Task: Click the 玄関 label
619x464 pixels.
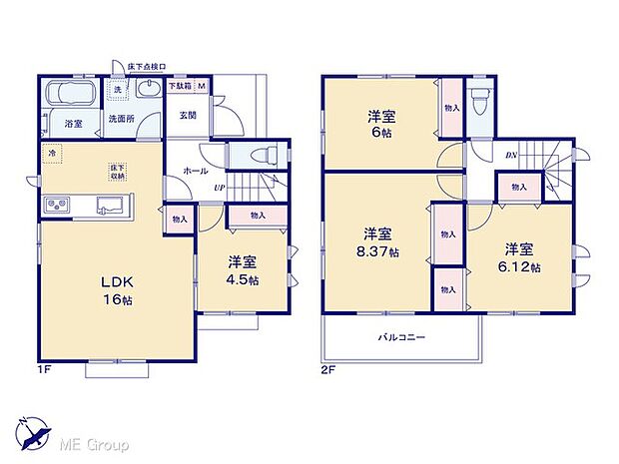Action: pyautogui.click(x=188, y=116)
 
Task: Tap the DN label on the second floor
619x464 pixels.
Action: pyautogui.click(x=510, y=155)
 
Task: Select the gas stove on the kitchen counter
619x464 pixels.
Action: pyautogui.click(x=56, y=206)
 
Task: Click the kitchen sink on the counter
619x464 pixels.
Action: pyautogui.click(x=108, y=206)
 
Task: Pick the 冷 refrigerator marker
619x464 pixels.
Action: pyautogui.click(x=50, y=154)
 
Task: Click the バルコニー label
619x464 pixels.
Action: pyautogui.click(x=401, y=338)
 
